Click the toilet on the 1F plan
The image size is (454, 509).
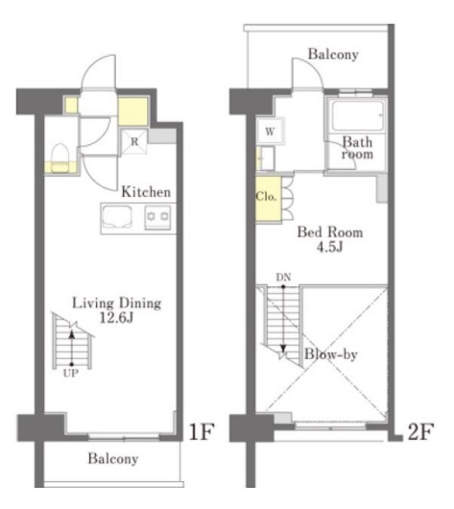[60, 158]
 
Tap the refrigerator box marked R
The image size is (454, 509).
[134, 141]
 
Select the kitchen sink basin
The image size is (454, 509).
[117, 216]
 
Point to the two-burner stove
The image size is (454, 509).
[157, 217]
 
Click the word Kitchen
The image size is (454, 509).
[146, 192]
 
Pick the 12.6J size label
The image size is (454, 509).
[116, 318]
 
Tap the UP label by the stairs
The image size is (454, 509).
[71, 374]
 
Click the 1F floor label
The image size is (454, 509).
[202, 432]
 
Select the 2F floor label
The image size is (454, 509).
[420, 432]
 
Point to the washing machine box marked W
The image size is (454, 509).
[271, 132]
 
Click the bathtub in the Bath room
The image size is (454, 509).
[357, 116]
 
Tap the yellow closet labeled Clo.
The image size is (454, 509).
[268, 199]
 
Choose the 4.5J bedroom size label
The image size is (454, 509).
[330, 248]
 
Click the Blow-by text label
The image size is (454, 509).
[331, 353]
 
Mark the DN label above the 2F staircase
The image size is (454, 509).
[283, 278]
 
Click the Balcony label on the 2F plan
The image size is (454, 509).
[333, 54]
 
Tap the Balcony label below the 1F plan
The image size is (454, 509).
[113, 459]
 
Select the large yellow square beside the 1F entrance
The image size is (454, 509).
[132, 111]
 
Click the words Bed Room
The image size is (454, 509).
[330, 232]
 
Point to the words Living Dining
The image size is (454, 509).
[116, 303]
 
